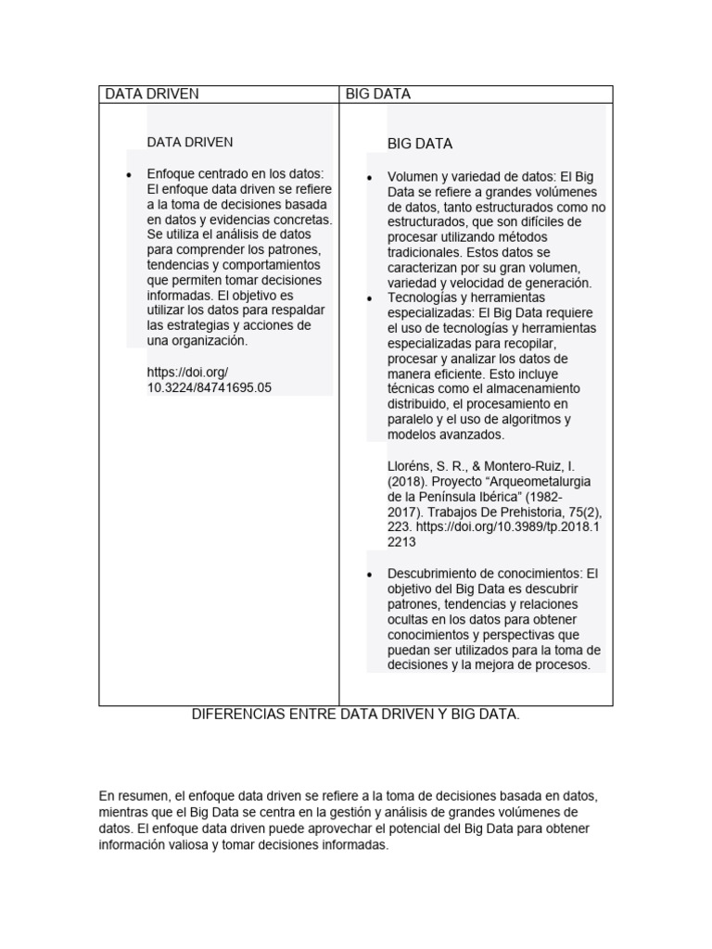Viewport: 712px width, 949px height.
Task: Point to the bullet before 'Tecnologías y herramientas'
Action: [x=370, y=299]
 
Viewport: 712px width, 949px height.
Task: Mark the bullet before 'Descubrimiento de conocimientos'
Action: [x=370, y=576]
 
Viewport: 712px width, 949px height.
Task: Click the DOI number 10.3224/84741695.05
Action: [x=210, y=387]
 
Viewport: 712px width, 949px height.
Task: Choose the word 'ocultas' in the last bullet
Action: [x=411, y=619]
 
